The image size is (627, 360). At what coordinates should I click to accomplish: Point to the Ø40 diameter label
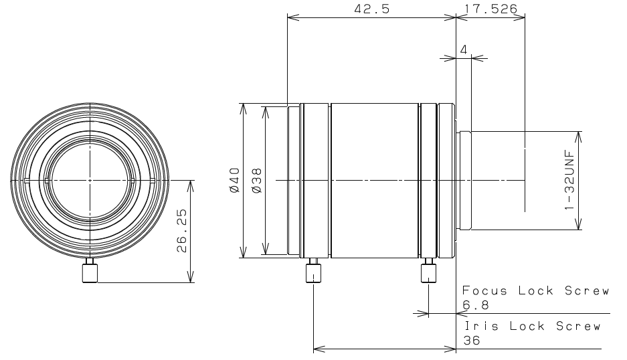click(234, 180)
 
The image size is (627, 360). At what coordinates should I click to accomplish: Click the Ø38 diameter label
click(256, 180)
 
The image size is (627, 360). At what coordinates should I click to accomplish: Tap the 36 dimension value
click(472, 340)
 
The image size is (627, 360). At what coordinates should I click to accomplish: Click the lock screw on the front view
click(89, 272)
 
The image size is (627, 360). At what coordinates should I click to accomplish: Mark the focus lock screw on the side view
click(428, 272)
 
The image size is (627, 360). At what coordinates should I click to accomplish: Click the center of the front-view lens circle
click(89, 180)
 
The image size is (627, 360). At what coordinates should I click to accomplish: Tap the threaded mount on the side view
click(465, 180)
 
